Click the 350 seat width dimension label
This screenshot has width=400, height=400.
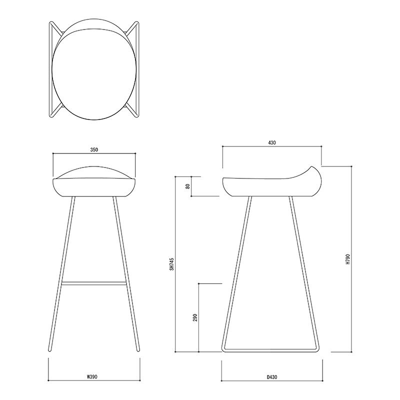point(94,149)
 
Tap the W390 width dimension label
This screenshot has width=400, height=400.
point(92,376)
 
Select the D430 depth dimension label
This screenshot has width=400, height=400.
point(272,377)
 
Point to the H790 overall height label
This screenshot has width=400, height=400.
point(347,259)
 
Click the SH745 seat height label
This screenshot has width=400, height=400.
point(171,264)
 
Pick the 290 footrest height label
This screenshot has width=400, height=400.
point(195,317)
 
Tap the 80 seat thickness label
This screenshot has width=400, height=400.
point(188,186)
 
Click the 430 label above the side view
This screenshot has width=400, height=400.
point(272,143)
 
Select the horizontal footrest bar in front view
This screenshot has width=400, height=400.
point(94,283)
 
